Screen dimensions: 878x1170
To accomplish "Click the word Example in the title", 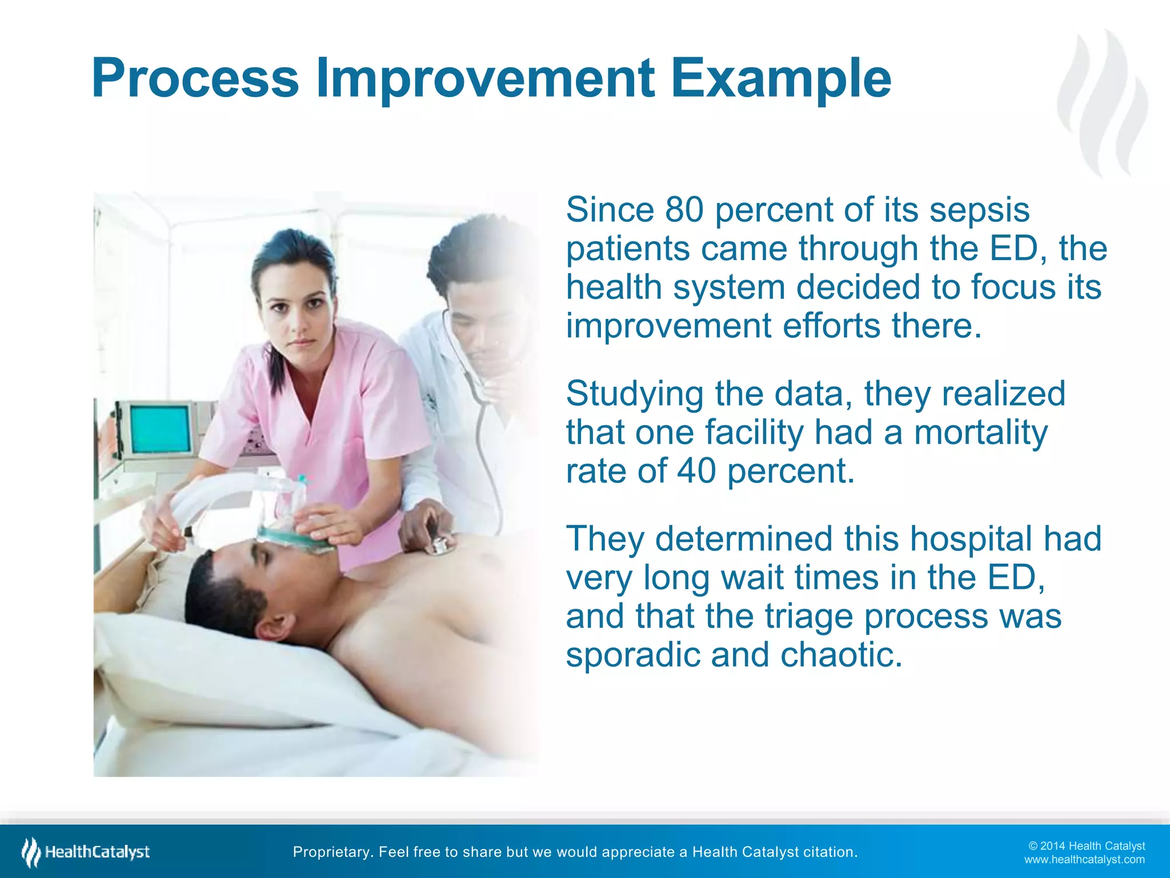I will click(x=780, y=79).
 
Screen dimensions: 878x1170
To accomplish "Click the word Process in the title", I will click(x=195, y=79).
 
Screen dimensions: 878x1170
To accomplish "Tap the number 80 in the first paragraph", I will click(x=684, y=210).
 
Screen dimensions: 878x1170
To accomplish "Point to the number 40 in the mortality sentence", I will click(x=696, y=471).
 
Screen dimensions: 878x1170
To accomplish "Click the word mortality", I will click(x=980, y=433).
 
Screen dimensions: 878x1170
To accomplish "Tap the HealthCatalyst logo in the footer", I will click(x=86, y=852).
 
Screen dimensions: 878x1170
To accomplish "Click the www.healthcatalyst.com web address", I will click(x=1084, y=860).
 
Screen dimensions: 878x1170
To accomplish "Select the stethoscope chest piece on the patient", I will click(x=440, y=546).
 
